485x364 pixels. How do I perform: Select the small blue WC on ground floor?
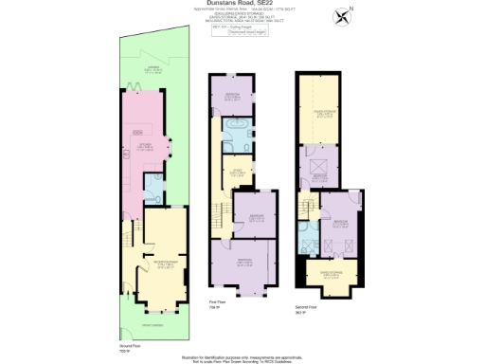pos(156,195)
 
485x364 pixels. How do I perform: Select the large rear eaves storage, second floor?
pos(322,104)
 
